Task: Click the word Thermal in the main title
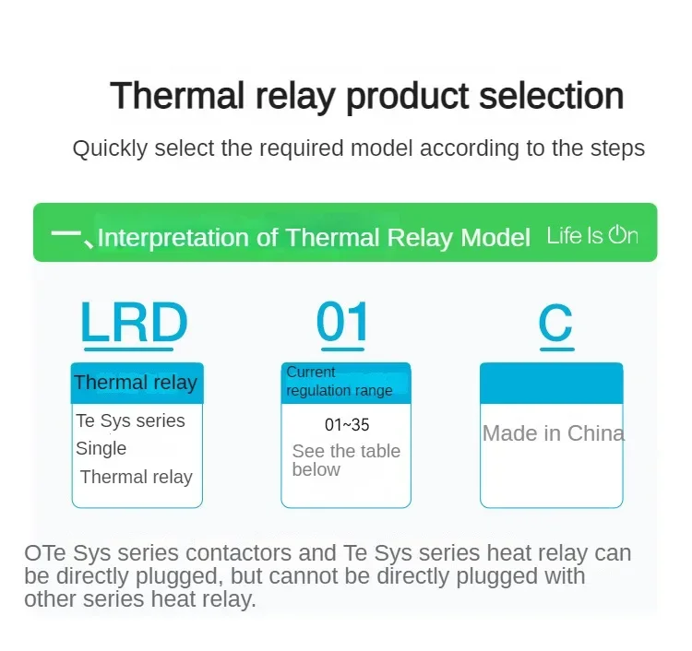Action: click(x=177, y=95)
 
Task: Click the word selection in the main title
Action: click(x=551, y=95)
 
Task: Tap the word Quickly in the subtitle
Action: click(x=110, y=148)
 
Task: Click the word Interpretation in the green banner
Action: click(x=173, y=238)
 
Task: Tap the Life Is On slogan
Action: click(x=592, y=235)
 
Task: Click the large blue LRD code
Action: click(x=134, y=321)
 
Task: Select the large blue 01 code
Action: click(x=342, y=321)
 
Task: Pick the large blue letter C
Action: click(x=555, y=323)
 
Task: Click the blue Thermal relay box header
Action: click(x=137, y=383)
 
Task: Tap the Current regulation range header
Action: click(x=346, y=383)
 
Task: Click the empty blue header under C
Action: click(x=551, y=383)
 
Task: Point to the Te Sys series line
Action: click(x=130, y=421)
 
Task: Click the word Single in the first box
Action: click(x=101, y=449)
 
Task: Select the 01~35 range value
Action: click(x=347, y=425)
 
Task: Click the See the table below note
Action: click(x=346, y=460)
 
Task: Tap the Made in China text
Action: click(x=554, y=433)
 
